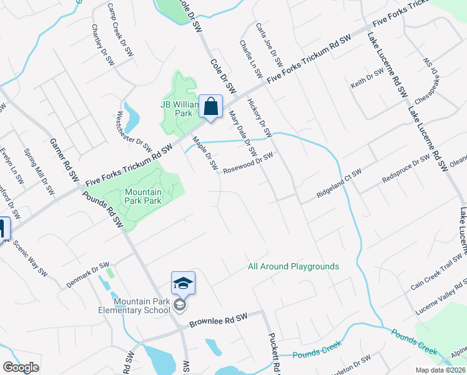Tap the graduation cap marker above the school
coord(184,283)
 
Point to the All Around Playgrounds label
coord(293,266)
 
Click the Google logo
coord(21,367)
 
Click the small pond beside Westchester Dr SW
coord(132,114)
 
